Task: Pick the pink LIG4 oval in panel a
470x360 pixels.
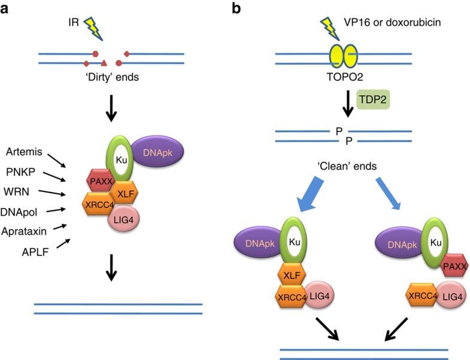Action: point(135,218)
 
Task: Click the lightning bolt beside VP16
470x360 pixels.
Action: point(331,27)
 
